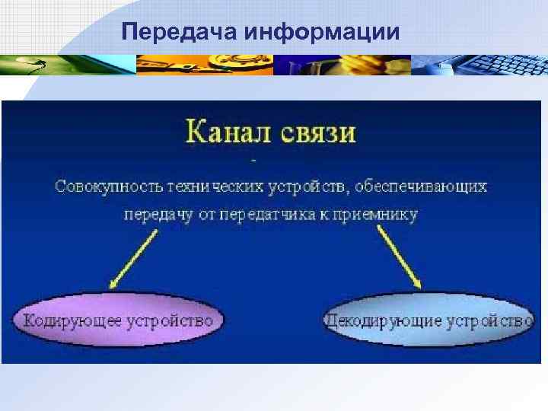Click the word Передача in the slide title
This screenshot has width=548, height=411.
pos(180,33)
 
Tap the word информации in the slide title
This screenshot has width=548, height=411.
pos(323,33)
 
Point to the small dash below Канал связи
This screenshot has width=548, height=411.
pos(253,161)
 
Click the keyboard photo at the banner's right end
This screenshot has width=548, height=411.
pos(479,65)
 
